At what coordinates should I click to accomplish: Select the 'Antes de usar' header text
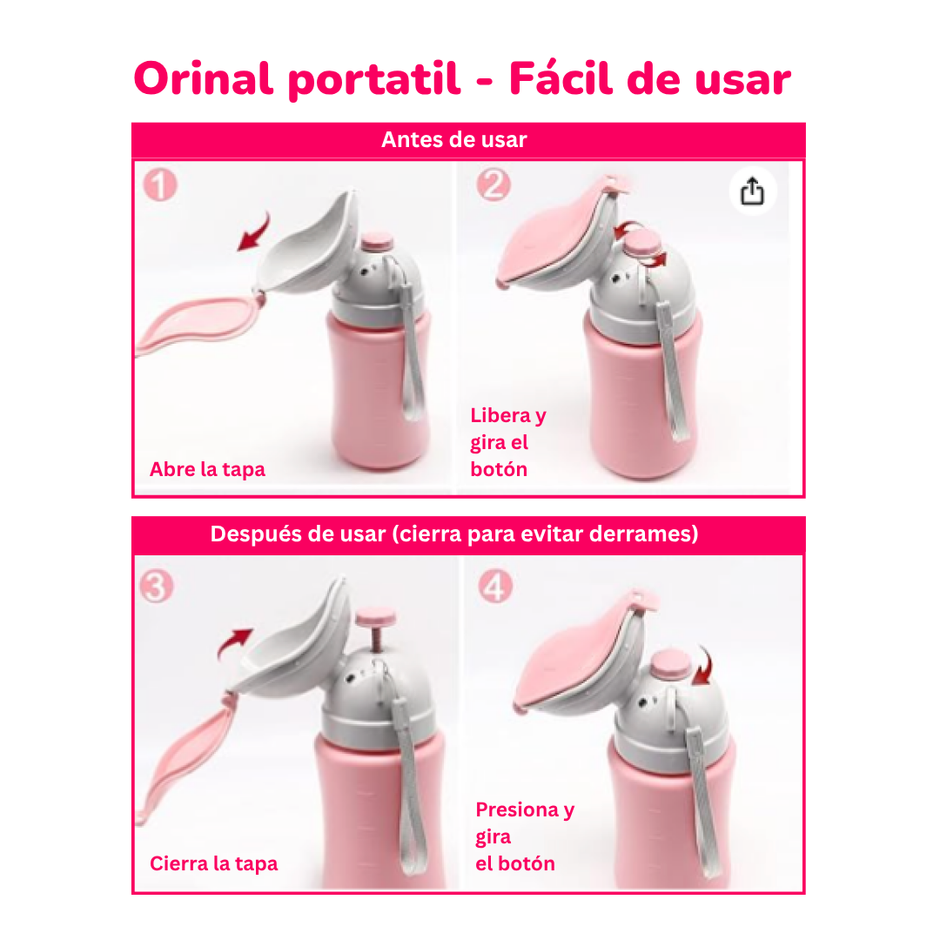click(453, 140)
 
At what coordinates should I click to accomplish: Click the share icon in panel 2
click(752, 191)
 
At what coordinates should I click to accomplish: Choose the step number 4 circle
click(494, 587)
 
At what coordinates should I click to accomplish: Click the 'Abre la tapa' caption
click(207, 470)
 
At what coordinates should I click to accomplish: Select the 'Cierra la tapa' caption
click(214, 863)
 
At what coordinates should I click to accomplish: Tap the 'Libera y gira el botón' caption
click(507, 442)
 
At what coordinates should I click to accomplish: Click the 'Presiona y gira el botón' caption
click(524, 836)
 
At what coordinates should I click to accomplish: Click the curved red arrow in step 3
click(233, 644)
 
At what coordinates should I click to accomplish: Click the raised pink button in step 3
click(375, 620)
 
